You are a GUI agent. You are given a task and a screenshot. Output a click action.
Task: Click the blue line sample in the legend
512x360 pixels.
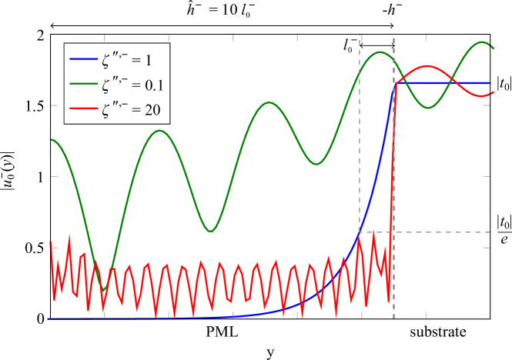coord(83,59)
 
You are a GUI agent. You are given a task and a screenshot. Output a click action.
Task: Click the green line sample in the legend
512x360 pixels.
coord(83,84)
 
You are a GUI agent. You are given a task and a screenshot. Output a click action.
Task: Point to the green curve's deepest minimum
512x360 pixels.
coord(104,290)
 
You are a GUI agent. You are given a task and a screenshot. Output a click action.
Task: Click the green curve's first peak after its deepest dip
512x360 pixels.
coord(159,130)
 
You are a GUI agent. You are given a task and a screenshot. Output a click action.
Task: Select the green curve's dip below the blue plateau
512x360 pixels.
coord(430,108)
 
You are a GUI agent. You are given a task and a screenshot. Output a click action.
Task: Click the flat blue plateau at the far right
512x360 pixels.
coord(462,82)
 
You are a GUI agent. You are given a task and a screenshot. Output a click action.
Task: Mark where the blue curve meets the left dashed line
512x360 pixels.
coord(360,231)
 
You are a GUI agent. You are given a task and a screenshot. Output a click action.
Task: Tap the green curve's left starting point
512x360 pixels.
coord(52,139)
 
